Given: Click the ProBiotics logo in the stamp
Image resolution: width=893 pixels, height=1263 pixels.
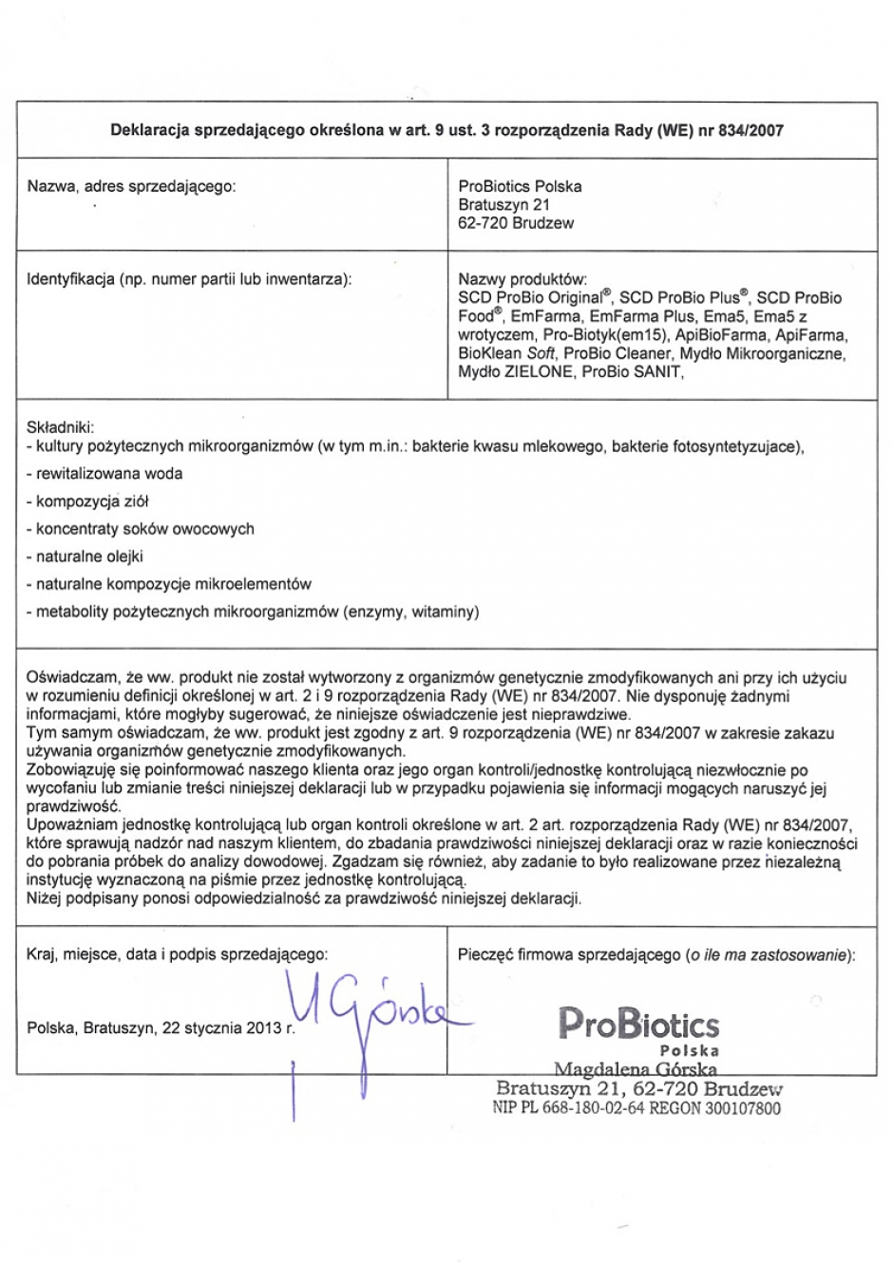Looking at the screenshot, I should tap(637, 1024).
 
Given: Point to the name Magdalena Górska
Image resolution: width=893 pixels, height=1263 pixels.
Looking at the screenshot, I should tap(636, 1070).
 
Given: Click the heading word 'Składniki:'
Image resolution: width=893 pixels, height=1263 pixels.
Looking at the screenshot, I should tap(61, 428).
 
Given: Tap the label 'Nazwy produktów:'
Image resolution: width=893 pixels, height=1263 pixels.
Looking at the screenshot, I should tap(522, 279).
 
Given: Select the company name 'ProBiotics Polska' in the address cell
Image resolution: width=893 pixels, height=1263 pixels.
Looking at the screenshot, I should tap(520, 186).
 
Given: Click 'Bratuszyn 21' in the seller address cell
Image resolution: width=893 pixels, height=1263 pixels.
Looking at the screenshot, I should tap(503, 205).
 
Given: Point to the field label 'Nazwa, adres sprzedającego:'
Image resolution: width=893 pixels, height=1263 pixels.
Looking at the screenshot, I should tap(131, 186).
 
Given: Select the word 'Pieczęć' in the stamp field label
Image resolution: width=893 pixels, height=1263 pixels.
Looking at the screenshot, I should tap(485, 954).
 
